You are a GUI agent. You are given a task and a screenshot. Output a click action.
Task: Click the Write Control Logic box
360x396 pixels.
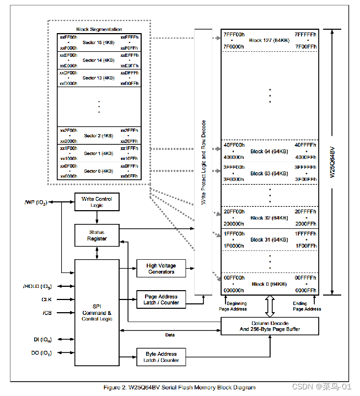coord(96,202)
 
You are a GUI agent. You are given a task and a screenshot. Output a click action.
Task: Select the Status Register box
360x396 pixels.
coord(96,236)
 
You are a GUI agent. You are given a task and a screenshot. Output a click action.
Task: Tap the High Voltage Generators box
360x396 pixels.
coord(161,269)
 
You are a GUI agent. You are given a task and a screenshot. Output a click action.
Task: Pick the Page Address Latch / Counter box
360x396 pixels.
coord(162,299)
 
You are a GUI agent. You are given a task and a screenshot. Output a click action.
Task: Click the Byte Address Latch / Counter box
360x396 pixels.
coord(162,357)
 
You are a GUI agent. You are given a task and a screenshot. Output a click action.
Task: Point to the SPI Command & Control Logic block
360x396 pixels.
coord(96,312)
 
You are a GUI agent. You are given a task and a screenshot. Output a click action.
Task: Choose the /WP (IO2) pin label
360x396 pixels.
coord(36,202)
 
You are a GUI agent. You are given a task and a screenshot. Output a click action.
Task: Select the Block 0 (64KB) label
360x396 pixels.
coord(269,284)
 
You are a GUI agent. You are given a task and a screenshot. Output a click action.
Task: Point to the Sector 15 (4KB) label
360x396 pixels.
coord(99,42)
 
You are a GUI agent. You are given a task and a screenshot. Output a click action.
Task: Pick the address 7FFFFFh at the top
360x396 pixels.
coord(305,35)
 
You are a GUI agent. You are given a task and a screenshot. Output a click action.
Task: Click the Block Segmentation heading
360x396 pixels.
coord(99,29)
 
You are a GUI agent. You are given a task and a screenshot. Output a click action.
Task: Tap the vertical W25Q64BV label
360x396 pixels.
coord(332,162)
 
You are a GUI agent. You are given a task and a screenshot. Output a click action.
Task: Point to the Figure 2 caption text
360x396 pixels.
coord(179,387)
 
